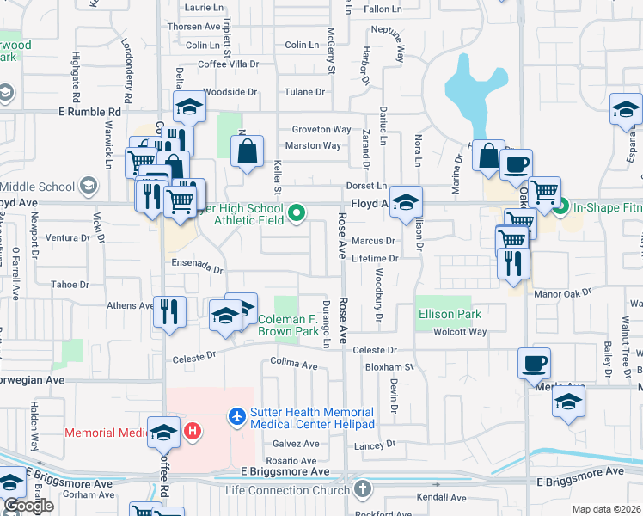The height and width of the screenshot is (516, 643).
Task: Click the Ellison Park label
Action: (x=450, y=314)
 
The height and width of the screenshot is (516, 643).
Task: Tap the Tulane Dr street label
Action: (x=307, y=91)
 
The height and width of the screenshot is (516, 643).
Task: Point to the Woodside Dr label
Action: (x=230, y=91)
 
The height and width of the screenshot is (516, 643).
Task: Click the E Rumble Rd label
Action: (x=89, y=112)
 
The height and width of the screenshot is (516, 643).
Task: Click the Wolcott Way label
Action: (x=460, y=332)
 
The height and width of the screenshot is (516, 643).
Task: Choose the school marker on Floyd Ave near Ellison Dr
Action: (x=406, y=202)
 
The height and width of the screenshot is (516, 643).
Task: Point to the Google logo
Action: (x=28, y=506)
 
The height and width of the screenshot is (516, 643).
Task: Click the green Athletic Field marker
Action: (x=297, y=212)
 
